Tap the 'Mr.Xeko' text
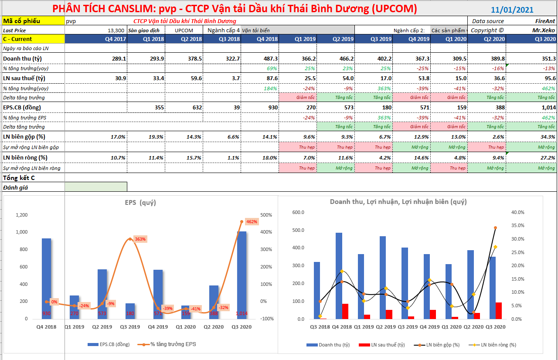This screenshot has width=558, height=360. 544,31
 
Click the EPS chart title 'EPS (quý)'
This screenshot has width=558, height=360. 140,203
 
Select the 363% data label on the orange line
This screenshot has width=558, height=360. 140,239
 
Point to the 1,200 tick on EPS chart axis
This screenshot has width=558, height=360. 21,215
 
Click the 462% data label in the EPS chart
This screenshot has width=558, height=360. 252,221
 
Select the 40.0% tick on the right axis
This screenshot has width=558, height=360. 518,212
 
